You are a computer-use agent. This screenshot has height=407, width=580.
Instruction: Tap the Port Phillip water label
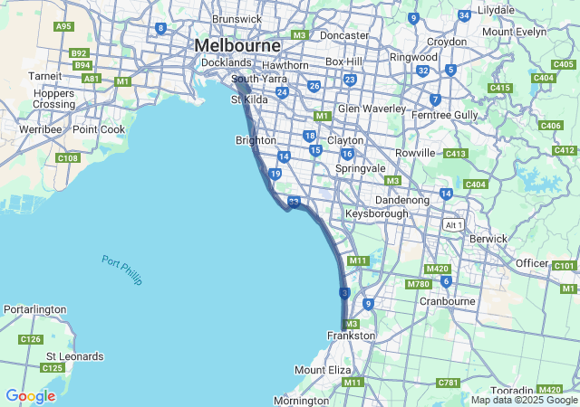tap(122, 270)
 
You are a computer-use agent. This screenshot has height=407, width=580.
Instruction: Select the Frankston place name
tap(351, 336)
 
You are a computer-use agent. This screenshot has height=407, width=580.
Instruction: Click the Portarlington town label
tap(34, 309)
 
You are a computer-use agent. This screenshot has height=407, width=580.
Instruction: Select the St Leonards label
tap(75, 356)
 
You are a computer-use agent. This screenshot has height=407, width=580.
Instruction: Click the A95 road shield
tap(63, 26)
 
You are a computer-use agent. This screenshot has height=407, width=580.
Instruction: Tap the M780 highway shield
tap(418, 284)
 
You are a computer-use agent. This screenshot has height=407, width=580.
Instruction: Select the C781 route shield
tap(448, 383)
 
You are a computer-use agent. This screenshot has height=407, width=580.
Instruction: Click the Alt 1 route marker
tap(454, 224)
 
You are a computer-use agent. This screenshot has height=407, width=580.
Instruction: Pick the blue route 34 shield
tap(464, 15)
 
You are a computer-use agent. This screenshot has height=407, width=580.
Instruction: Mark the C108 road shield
tap(67, 158)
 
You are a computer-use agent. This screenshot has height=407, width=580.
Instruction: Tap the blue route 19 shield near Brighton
tap(275, 174)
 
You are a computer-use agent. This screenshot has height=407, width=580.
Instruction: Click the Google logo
tap(30, 396)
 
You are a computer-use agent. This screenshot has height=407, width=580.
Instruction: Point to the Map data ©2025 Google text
tap(524, 400)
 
